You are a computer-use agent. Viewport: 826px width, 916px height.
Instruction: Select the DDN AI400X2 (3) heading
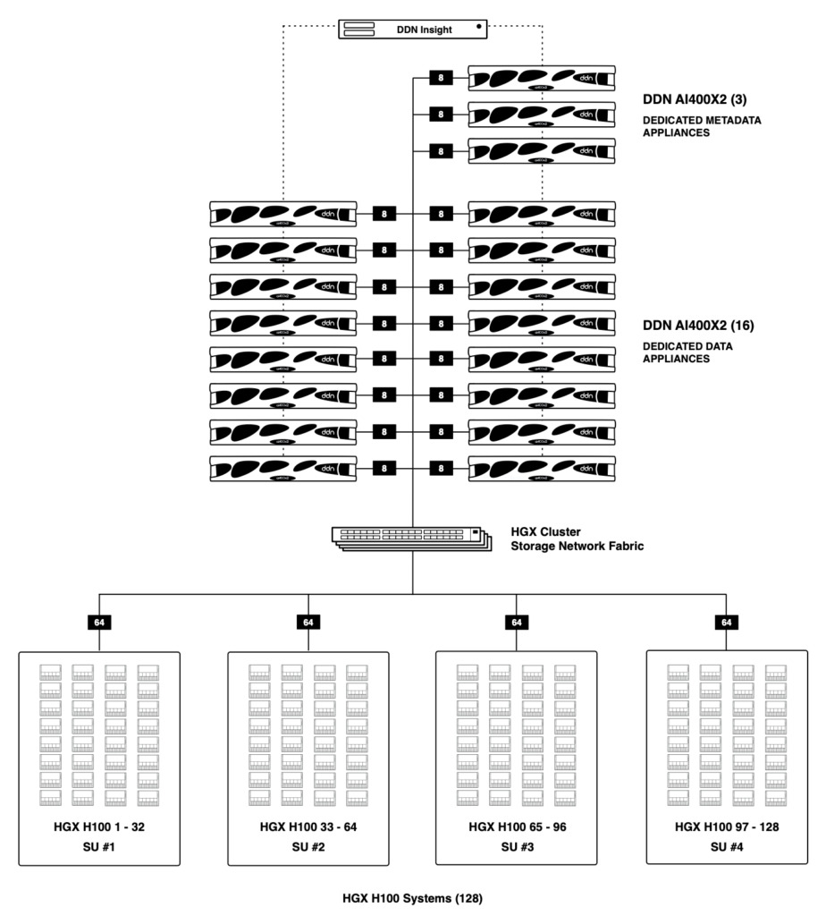coord(700,99)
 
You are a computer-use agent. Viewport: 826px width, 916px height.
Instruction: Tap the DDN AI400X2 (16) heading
coord(703,326)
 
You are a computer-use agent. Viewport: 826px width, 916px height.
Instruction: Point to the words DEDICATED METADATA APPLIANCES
coord(703,125)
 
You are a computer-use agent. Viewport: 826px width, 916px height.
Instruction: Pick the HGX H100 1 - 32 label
coord(99,827)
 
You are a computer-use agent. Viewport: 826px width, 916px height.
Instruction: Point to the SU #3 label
coord(516,846)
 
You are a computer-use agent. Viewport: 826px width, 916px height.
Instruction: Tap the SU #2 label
coord(308,846)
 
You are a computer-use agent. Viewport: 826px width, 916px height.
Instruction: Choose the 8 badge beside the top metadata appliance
coord(441,79)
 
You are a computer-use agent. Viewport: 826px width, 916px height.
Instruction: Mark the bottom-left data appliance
coord(283,468)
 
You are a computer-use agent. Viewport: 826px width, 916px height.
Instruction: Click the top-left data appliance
coord(283,215)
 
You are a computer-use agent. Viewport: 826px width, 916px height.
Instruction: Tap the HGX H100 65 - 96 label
coord(516,827)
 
